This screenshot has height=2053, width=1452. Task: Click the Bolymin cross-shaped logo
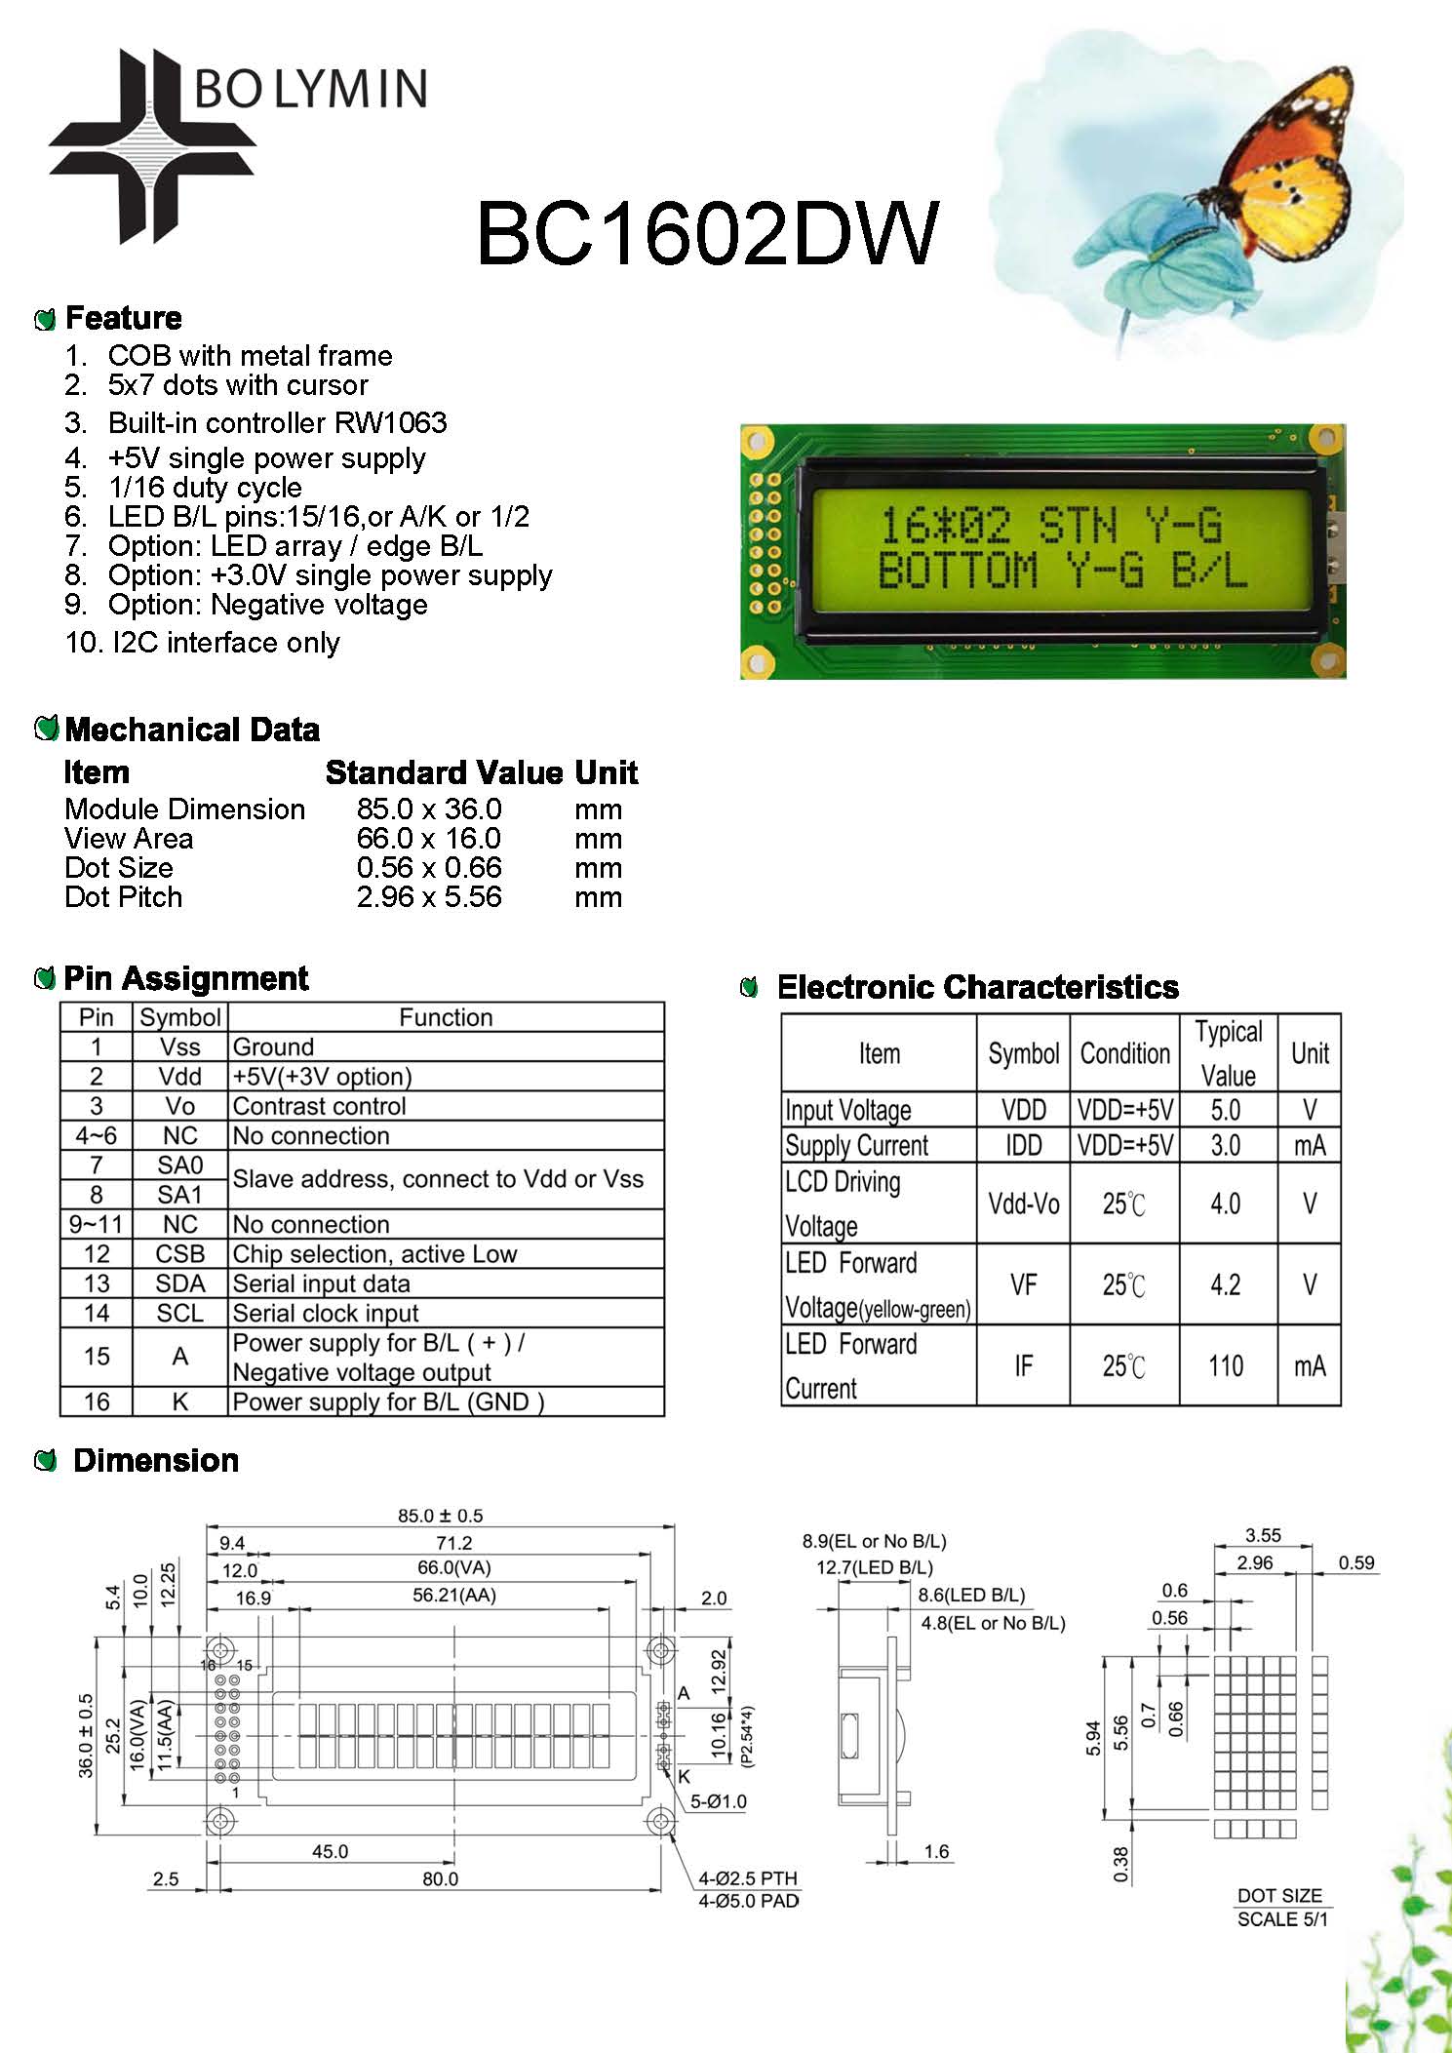pyautogui.click(x=151, y=146)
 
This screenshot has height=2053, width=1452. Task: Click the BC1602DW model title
pyautogui.click(x=707, y=234)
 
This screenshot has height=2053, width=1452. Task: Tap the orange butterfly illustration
pyautogui.click(x=1287, y=166)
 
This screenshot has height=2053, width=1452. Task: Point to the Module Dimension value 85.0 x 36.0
pyautogui.click(x=429, y=809)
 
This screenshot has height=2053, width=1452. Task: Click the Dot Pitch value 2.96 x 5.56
pyautogui.click(x=429, y=897)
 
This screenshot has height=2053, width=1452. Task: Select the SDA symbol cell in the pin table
pyautogui.click(x=180, y=1283)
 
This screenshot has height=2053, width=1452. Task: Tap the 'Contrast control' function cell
pyautogui.click(x=319, y=1106)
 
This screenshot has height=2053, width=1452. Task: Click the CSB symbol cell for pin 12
pyautogui.click(x=180, y=1254)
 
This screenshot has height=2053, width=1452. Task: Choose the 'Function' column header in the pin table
pyautogui.click(x=446, y=1017)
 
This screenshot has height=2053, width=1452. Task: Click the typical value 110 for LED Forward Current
pyautogui.click(x=1226, y=1365)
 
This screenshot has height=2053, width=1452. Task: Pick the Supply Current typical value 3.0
pyautogui.click(x=1226, y=1145)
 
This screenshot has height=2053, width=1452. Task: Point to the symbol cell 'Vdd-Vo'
pyautogui.click(x=1023, y=1204)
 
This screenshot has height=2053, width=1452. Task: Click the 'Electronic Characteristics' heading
pyautogui.click(x=977, y=987)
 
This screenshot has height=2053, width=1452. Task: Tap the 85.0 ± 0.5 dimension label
pyautogui.click(x=440, y=1516)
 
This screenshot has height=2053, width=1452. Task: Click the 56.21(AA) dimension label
pyautogui.click(x=453, y=1596)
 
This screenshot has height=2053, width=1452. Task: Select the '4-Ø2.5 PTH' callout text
pyautogui.click(x=748, y=1878)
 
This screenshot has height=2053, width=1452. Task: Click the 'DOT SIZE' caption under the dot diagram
pyautogui.click(x=1279, y=1895)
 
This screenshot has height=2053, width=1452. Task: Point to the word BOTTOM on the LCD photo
pyautogui.click(x=957, y=571)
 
